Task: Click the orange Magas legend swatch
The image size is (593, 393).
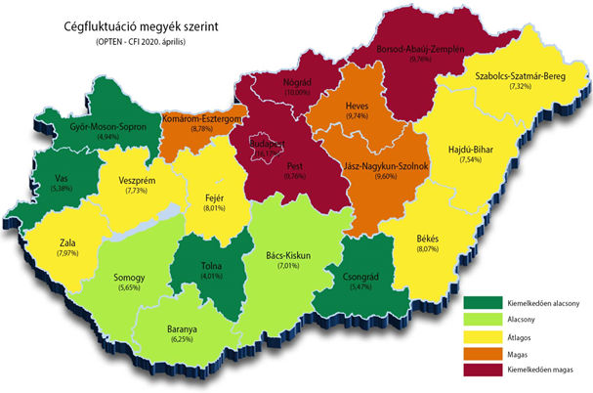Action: point(480,353)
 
